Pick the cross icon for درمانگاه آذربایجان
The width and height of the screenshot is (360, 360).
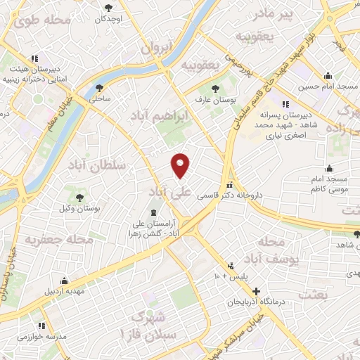tap(256, 291)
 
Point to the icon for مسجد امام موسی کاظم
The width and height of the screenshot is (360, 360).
tap(329, 168)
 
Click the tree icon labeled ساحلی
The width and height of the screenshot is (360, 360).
tap(98, 89)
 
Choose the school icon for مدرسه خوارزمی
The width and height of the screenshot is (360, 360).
tap(41, 326)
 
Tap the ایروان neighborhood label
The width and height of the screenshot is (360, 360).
tap(156, 49)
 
